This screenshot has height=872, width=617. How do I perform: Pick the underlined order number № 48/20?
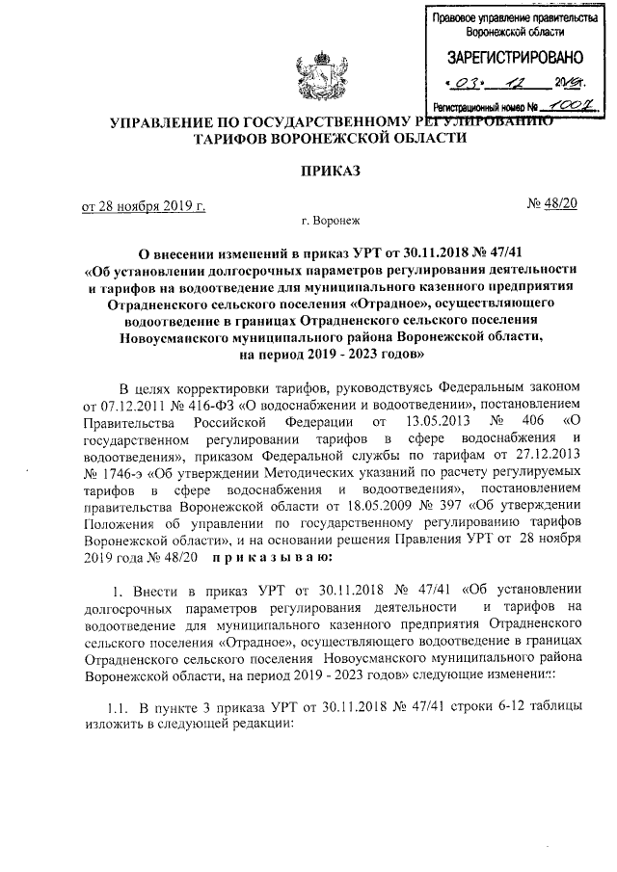click(x=552, y=204)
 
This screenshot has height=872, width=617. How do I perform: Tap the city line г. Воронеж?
click(x=330, y=222)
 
